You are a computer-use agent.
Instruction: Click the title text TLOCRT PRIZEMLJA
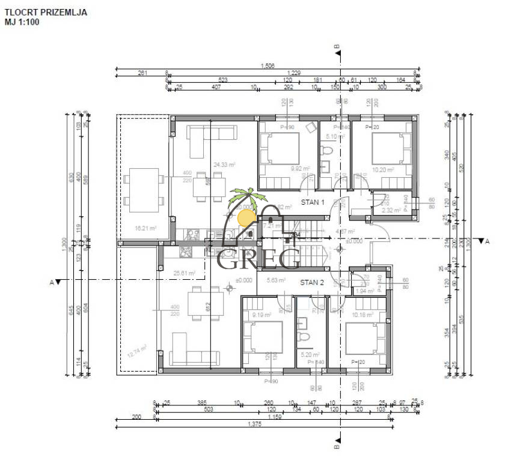(x=45, y=11)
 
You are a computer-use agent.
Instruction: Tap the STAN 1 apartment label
(x=313, y=202)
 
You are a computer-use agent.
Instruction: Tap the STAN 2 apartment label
(x=312, y=282)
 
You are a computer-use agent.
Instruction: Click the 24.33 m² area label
(x=224, y=164)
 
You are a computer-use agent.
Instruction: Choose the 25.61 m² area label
(x=184, y=273)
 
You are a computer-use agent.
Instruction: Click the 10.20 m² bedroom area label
(x=382, y=170)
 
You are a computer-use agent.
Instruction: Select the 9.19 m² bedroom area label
(x=261, y=315)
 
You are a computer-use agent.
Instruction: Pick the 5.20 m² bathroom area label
(x=310, y=355)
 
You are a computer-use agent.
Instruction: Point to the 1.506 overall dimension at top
(x=268, y=67)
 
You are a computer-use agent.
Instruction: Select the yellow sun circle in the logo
(x=245, y=217)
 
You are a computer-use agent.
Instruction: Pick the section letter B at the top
(x=337, y=46)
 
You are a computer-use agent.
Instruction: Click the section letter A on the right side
(x=488, y=241)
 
